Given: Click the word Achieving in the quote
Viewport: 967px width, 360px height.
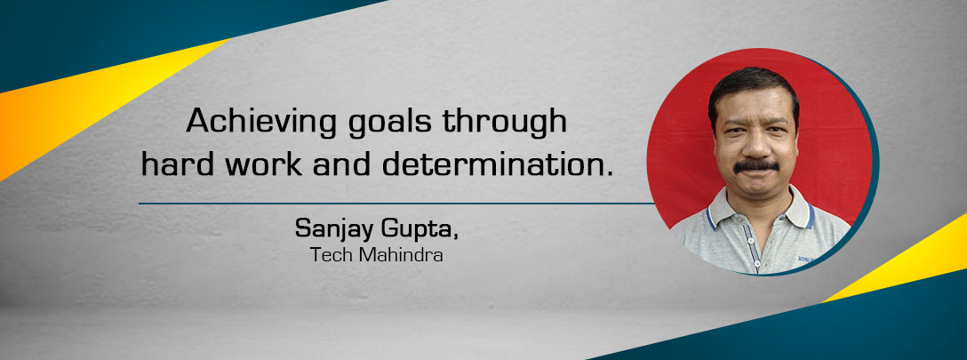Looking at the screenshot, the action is [262, 121].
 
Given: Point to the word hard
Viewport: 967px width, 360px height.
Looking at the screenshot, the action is [175, 164].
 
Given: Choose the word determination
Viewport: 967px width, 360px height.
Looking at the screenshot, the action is [498, 164].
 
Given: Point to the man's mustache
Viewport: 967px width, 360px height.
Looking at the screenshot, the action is [756, 165].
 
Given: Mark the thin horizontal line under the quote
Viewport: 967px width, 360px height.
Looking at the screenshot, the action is [396, 203].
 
